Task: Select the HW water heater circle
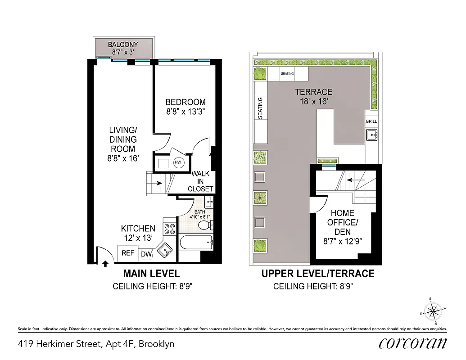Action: (x=178, y=162)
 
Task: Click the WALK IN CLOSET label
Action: (x=200, y=181)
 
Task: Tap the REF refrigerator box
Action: (x=128, y=253)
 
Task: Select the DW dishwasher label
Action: (x=146, y=255)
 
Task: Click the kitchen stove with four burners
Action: (x=169, y=229)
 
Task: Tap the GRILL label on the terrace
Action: (x=371, y=121)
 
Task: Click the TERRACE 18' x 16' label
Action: (x=314, y=96)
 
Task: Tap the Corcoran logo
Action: (x=413, y=343)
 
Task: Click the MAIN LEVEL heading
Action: (x=151, y=274)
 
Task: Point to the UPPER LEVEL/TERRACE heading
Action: (x=318, y=274)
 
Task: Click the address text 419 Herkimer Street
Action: (x=96, y=344)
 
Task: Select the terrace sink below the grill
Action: (x=371, y=134)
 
